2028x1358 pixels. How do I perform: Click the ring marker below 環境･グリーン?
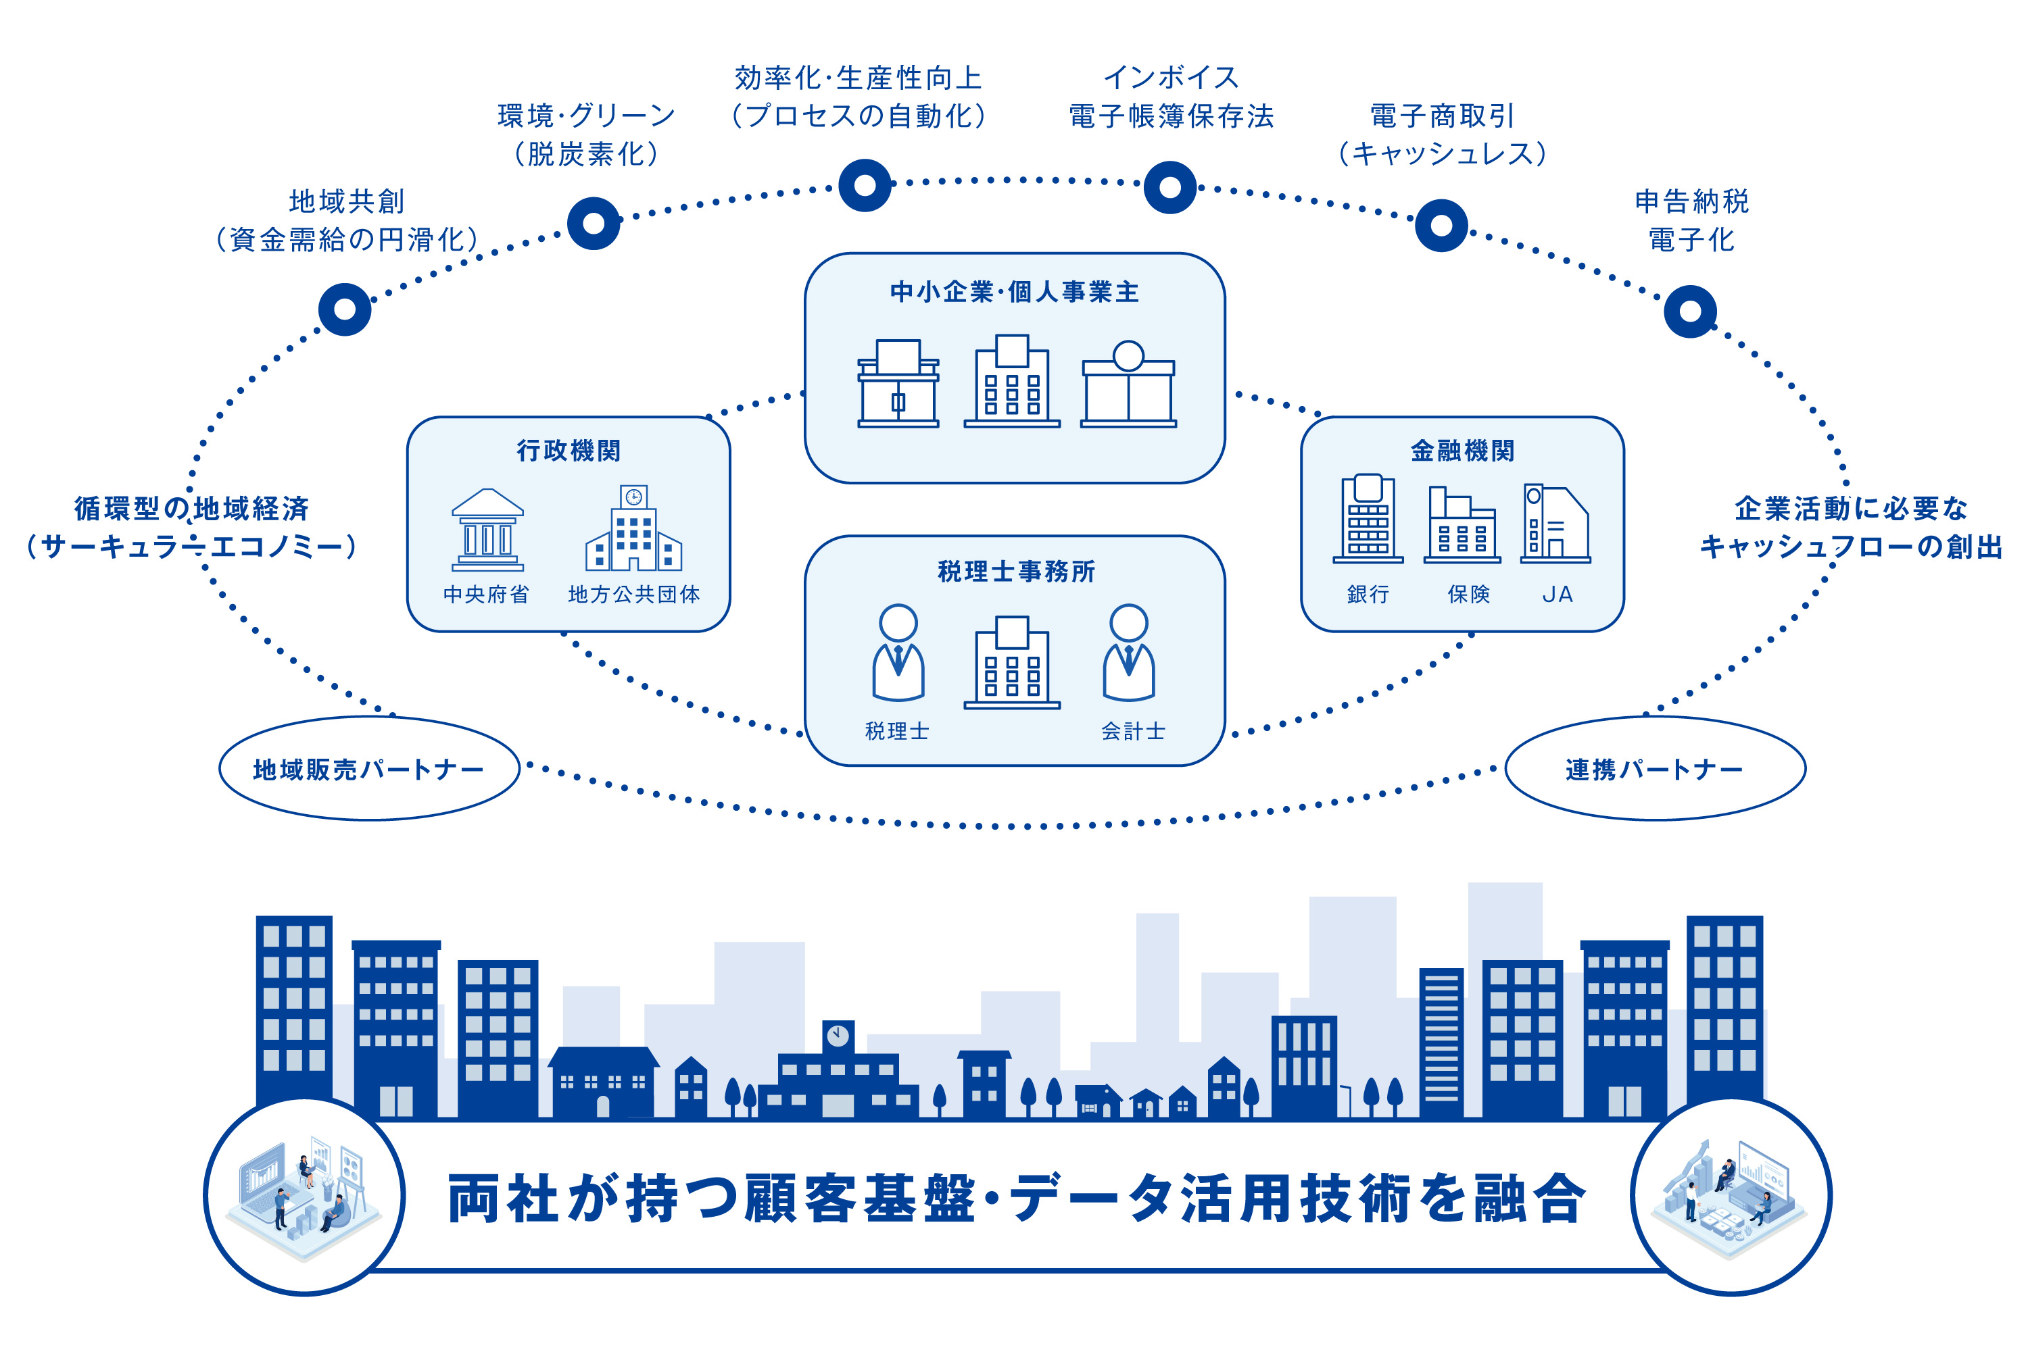pyautogui.click(x=594, y=224)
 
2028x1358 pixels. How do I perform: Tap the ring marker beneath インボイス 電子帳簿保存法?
pyautogui.click(x=1169, y=187)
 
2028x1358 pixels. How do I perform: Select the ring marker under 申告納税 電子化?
pyautogui.click(x=1689, y=311)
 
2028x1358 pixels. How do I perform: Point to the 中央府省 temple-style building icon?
pyautogui.click(x=487, y=530)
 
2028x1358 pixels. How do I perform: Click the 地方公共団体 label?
pyautogui.click(x=634, y=594)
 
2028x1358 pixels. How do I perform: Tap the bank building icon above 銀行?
pyautogui.click(x=1368, y=518)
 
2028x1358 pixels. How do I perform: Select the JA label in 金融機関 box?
pyautogui.click(x=1557, y=594)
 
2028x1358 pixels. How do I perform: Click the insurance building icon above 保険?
pyautogui.click(x=1462, y=525)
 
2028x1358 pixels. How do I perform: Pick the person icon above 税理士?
pyautogui.click(x=898, y=652)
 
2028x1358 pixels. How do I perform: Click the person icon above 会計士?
pyautogui.click(x=1129, y=652)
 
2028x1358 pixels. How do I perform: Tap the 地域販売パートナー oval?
pyautogui.click(x=369, y=768)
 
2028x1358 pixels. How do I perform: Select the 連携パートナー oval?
pyautogui.click(x=1655, y=768)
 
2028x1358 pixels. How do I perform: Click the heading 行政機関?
pyautogui.click(x=569, y=451)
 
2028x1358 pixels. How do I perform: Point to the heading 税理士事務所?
pyautogui.click(x=1016, y=571)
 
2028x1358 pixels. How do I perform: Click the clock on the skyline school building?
pyautogui.click(x=838, y=1034)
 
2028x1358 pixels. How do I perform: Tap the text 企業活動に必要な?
pyautogui.click(x=1850, y=508)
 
